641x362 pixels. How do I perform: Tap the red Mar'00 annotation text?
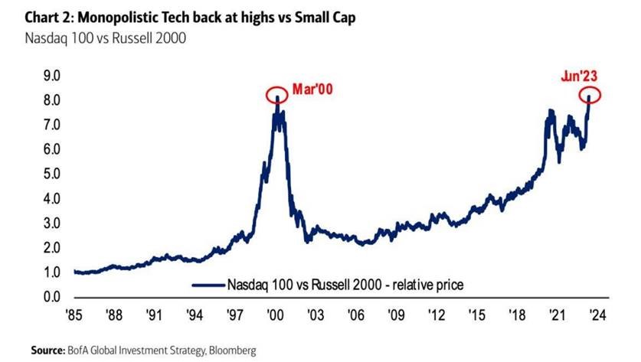[313, 90]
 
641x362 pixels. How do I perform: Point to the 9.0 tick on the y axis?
[51, 76]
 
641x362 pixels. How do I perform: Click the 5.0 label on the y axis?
[51, 174]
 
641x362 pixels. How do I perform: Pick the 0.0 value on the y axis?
[51, 297]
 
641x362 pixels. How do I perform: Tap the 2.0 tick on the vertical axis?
[51, 248]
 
